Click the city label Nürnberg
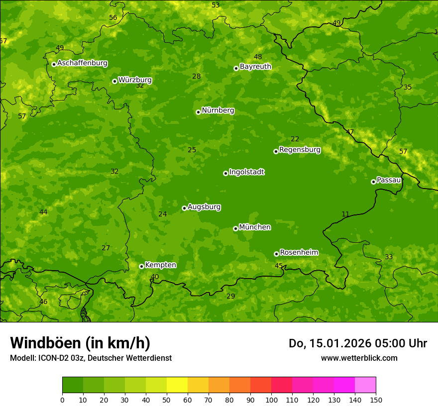tap(218, 110)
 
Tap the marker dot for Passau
tap(373, 182)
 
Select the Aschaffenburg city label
tap(82, 63)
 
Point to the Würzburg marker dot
tap(114, 81)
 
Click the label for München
tap(255, 227)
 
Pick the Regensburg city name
tap(300, 150)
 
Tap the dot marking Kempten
tap(141, 266)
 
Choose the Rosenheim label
tap(299, 253)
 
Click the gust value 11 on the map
tap(345, 214)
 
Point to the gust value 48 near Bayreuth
tap(258, 57)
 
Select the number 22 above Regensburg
tap(295, 139)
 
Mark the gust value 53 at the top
tap(216, 5)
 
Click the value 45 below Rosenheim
tap(279, 266)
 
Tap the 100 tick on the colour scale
tap(271, 400)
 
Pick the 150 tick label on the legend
tap(376, 400)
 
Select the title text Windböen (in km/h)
tap(80, 343)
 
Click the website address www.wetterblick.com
tap(359, 358)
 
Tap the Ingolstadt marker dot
tap(225, 173)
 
